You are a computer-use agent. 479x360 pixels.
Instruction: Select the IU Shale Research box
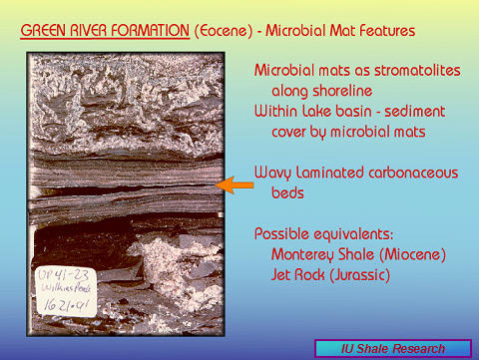pyautogui.click(x=393, y=348)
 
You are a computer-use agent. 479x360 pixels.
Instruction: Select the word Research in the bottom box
pyautogui.click(x=427, y=348)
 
